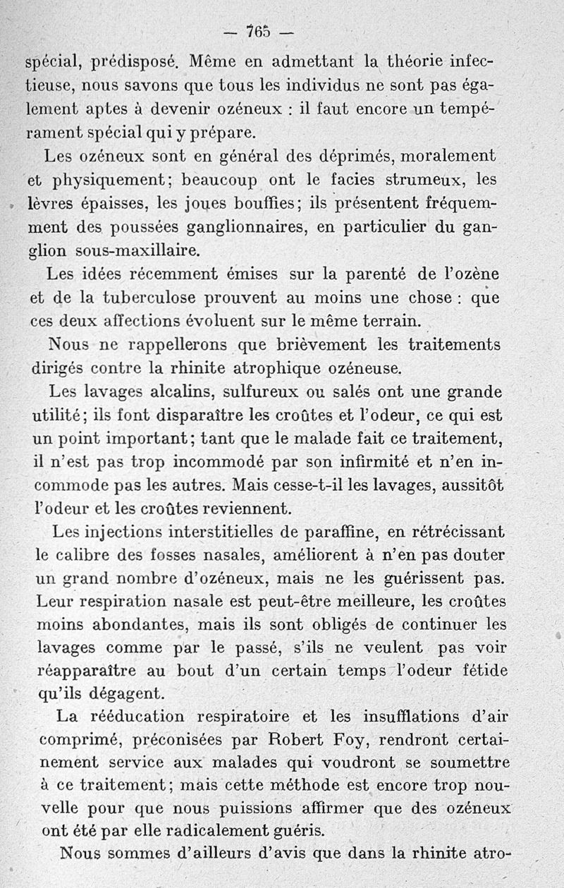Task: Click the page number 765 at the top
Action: [257, 32]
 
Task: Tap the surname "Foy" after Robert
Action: [369, 739]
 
